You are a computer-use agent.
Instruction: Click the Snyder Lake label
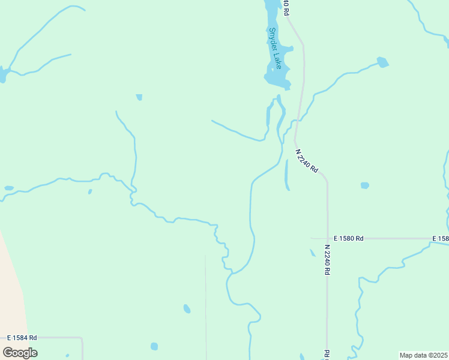275,49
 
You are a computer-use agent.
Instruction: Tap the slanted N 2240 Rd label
307,161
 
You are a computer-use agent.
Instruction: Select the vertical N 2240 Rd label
327,260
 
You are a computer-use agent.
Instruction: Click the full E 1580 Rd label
349,238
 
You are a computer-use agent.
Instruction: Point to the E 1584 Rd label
22,338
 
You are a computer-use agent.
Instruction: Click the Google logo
20,353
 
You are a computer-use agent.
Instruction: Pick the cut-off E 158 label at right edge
440,238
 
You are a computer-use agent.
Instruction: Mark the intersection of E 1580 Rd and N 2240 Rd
327,238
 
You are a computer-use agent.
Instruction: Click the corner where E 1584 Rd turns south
82,339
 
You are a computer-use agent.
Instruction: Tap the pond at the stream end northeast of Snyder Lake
382,62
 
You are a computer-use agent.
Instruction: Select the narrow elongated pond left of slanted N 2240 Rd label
286,175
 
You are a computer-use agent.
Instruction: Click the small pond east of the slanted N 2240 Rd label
364,185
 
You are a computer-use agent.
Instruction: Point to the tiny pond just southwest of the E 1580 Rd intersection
313,253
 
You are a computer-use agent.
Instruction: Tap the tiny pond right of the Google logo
154,346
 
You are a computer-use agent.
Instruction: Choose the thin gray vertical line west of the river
205,300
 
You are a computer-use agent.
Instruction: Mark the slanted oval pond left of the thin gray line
187,309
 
